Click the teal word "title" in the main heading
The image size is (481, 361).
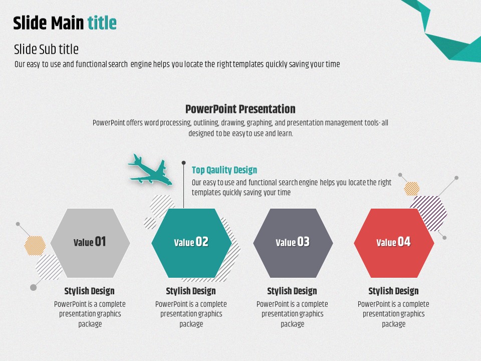tap(102, 23)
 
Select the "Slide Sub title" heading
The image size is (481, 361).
tap(46, 49)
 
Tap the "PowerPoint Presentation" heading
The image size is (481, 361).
tap(240, 109)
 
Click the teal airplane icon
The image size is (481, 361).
tap(150, 170)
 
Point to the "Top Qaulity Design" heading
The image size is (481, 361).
tap(224, 170)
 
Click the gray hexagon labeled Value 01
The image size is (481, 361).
tap(90, 243)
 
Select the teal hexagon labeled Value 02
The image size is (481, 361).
tap(191, 243)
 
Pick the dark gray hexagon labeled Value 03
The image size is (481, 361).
tap(293, 243)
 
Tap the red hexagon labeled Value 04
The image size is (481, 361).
tap(394, 243)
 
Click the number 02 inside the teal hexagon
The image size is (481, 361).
tap(202, 242)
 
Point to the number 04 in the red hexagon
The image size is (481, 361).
tap(404, 242)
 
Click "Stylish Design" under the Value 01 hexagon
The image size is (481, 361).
tap(90, 291)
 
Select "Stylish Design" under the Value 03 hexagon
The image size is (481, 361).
tap(292, 291)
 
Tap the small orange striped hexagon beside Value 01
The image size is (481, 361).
tap(35, 246)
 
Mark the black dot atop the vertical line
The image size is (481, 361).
tap(183, 162)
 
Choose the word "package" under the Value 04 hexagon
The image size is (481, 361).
tap(394, 324)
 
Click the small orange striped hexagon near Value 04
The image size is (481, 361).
tap(412, 189)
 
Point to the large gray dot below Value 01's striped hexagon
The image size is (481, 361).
tap(33, 287)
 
